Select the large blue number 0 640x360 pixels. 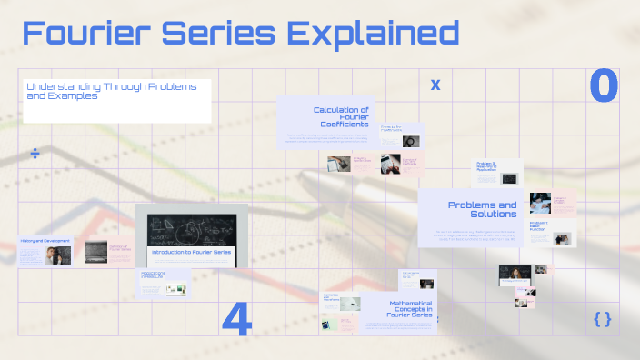click(603, 85)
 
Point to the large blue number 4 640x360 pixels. click(236, 320)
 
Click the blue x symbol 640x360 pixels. click(435, 85)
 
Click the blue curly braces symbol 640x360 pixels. click(602, 318)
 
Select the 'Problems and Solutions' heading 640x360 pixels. click(482, 210)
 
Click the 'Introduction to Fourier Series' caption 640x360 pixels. click(192, 251)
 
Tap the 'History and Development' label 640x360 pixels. click(44, 241)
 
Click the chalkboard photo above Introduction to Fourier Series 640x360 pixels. click(191, 225)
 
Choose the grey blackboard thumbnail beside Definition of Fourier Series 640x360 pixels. click(95, 252)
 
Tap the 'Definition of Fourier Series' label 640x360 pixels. click(121, 247)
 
